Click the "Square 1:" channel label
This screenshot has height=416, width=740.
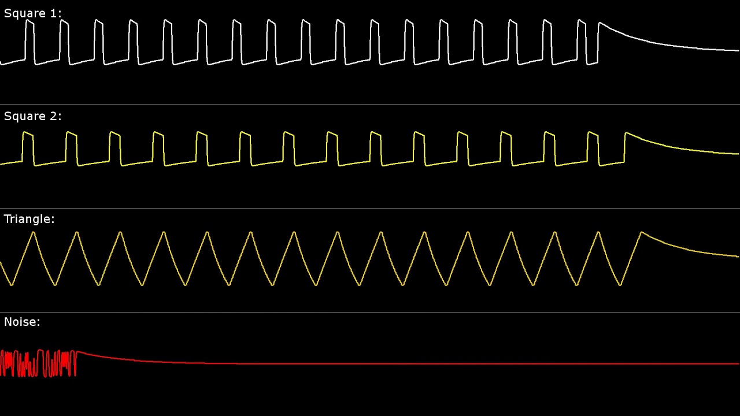32,13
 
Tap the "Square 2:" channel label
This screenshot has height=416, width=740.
32,116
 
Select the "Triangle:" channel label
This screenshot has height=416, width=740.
29,219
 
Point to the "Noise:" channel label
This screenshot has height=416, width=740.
22,322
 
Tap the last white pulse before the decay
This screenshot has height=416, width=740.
582,40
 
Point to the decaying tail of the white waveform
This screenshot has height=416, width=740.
665,45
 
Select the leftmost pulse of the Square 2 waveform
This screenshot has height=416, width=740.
28,147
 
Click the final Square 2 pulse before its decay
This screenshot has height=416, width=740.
593,147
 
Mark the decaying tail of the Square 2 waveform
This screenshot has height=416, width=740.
682,149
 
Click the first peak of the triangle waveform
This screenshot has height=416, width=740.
34,233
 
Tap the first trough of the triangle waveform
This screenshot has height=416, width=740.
12,284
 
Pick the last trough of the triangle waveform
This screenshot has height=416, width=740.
620,284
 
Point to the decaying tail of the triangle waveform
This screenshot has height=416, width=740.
688,248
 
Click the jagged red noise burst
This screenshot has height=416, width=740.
38,363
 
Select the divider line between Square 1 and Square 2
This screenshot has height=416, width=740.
370,104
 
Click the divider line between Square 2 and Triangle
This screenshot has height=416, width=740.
370,208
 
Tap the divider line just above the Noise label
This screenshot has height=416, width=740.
370,312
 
